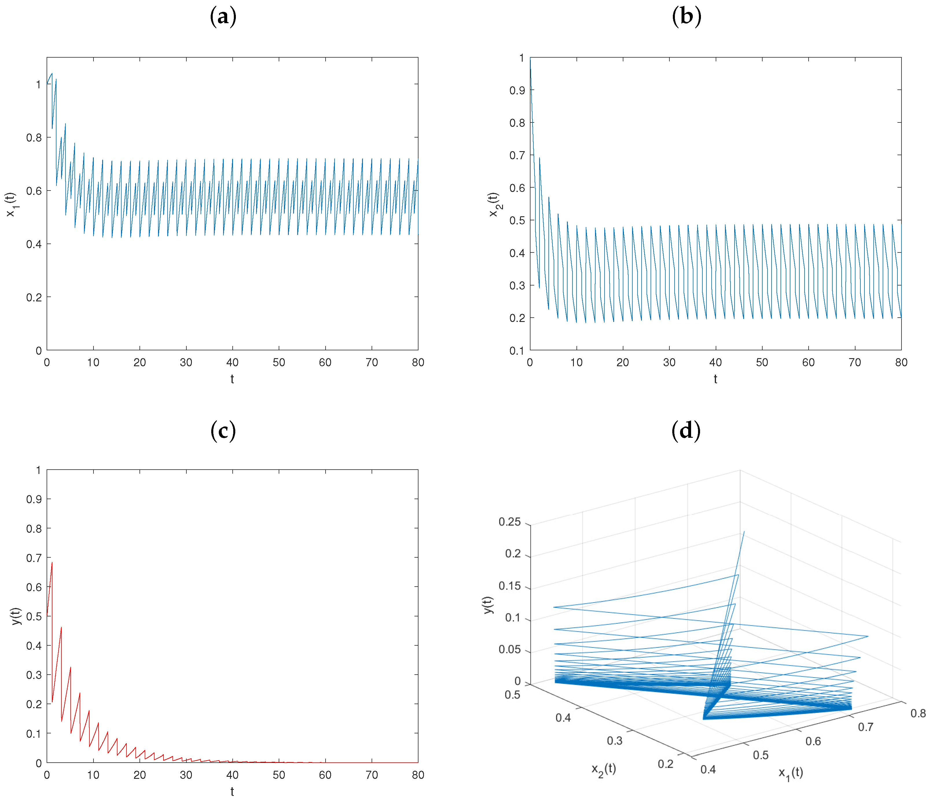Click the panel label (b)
[x=686, y=17]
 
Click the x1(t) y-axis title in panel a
[x=10, y=204]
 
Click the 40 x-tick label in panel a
[x=232, y=362]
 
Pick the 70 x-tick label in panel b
[x=855, y=362]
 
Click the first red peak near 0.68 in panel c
[x=52, y=563]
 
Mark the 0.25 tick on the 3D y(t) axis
[x=510, y=522]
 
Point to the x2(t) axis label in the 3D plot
[x=603, y=770]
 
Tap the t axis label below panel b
[x=715, y=379]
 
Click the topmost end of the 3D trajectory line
[x=744, y=532]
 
